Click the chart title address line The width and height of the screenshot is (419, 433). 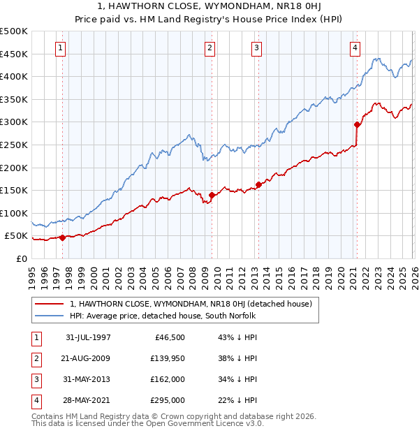209,8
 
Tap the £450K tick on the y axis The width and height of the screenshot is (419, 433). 14,54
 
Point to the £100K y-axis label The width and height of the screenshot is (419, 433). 14,213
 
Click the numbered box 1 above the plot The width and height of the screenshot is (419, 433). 61,48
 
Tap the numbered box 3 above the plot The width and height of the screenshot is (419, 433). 257,48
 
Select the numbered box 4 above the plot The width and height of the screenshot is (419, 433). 355,48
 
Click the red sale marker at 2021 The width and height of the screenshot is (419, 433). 357,125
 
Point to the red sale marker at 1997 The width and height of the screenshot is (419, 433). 63,237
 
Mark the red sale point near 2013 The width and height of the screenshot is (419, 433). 258,185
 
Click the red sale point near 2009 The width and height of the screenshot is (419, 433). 212,195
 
